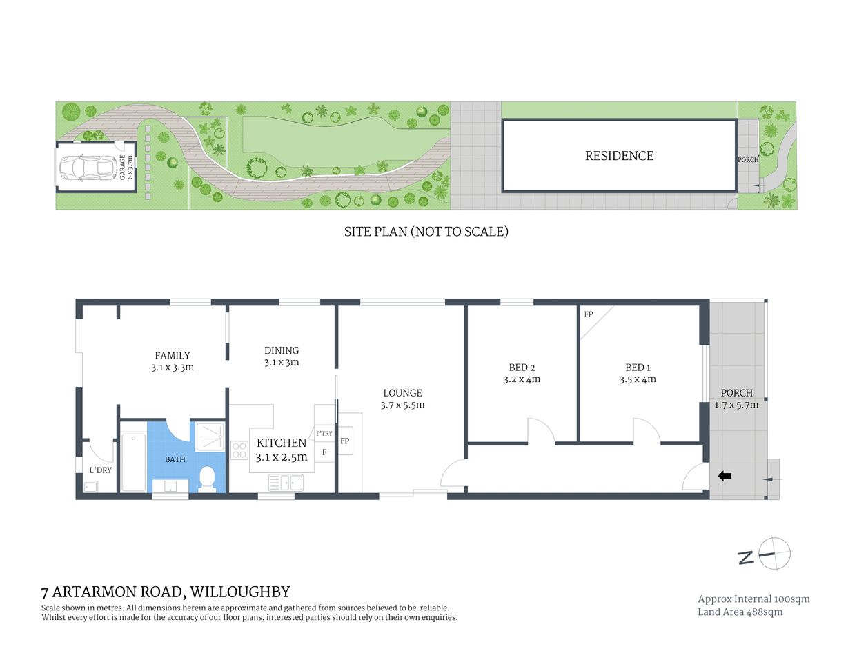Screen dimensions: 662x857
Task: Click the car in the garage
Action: pyautogui.click(x=86, y=167)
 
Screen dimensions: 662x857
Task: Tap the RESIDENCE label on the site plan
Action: pyautogui.click(x=619, y=156)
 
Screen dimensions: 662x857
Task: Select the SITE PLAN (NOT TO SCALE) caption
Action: pyautogui.click(x=426, y=232)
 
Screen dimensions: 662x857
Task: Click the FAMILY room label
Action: pyautogui.click(x=173, y=356)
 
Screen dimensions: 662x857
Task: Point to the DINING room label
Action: pyautogui.click(x=282, y=350)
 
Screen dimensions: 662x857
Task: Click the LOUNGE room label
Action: pyautogui.click(x=402, y=393)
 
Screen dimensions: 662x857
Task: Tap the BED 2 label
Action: pyautogui.click(x=522, y=368)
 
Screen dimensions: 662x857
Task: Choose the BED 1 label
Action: pyautogui.click(x=638, y=368)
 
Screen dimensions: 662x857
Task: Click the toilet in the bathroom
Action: pyautogui.click(x=208, y=478)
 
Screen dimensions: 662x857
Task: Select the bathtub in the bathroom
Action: pyautogui.click(x=133, y=461)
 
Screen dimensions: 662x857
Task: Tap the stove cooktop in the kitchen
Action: pyautogui.click(x=239, y=450)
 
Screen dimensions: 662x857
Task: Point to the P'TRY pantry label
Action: pyautogui.click(x=324, y=434)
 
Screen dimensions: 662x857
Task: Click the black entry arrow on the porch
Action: pyautogui.click(x=725, y=475)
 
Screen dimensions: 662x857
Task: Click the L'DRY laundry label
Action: pyautogui.click(x=100, y=470)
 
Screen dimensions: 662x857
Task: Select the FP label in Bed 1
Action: pyautogui.click(x=589, y=314)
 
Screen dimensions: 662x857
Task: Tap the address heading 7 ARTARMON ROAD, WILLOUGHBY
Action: pyautogui.click(x=166, y=592)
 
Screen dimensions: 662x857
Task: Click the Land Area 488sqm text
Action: pyautogui.click(x=740, y=612)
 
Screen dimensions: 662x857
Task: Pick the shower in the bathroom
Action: pyautogui.click(x=210, y=436)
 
